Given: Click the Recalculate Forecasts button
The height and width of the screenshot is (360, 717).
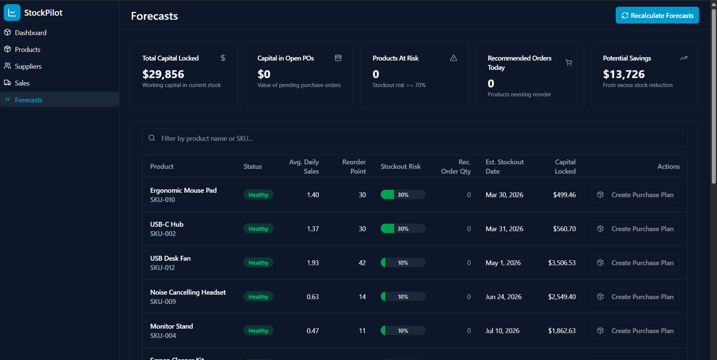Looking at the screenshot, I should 657,15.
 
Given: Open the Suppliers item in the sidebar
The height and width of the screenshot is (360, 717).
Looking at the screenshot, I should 28,66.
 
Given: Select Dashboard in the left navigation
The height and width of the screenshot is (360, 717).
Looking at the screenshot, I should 30,32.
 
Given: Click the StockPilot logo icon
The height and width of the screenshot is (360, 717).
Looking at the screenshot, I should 12,13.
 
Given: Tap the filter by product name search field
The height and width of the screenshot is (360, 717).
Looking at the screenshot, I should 415,138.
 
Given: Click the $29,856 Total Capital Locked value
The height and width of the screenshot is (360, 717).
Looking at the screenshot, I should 163,74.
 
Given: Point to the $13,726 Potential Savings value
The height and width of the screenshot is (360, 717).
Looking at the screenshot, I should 624,74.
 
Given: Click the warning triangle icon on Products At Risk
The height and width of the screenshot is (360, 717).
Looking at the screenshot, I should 453,58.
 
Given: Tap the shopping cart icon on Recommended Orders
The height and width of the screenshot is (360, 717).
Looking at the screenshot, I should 569,62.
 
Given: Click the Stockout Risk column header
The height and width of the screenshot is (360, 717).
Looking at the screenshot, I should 401,167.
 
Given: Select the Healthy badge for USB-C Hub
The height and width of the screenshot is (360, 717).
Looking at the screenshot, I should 258,229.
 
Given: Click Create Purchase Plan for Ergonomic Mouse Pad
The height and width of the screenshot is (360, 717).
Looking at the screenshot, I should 635,195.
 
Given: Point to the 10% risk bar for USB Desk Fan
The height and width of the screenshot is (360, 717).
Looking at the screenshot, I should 403,263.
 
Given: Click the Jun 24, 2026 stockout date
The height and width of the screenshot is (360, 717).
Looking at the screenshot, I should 503,297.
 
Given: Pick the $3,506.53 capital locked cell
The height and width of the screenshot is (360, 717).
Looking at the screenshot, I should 562,263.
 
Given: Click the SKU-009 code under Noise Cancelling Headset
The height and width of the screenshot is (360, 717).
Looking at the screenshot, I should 163,301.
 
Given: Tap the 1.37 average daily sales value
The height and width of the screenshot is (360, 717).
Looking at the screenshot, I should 313,229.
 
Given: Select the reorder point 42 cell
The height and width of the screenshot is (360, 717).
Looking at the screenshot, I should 362,263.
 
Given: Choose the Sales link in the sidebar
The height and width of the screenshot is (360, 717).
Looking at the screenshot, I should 22,83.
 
